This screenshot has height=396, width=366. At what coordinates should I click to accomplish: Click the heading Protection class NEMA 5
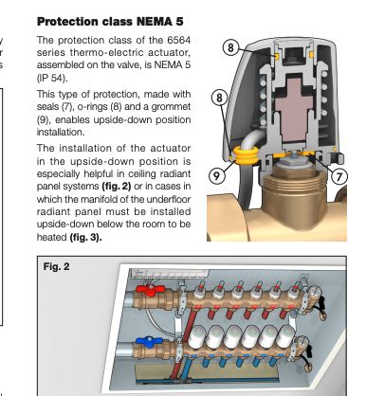[x=110, y=22]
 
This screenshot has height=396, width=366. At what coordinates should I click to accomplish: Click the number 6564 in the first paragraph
[x=179, y=41]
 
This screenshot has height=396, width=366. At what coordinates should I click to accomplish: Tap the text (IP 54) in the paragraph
[x=52, y=78]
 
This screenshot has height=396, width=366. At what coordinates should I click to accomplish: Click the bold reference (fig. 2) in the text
[x=117, y=187]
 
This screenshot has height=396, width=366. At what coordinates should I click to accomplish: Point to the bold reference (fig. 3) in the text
[x=85, y=237]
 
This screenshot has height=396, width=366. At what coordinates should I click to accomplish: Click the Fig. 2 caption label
[x=56, y=266]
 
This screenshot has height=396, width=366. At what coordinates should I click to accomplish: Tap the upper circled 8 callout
[x=230, y=47]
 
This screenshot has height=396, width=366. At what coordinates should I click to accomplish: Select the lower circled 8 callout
[x=219, y=98]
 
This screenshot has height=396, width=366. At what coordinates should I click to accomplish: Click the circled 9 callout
[x=217, y=175]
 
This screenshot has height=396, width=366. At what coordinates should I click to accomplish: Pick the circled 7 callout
[x=339, y=176]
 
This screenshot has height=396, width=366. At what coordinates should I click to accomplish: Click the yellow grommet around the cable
[x=246, y=155]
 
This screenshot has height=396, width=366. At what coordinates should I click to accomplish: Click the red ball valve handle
[x=151, y=290]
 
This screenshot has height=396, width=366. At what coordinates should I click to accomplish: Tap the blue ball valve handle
[x=149, y=342]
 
